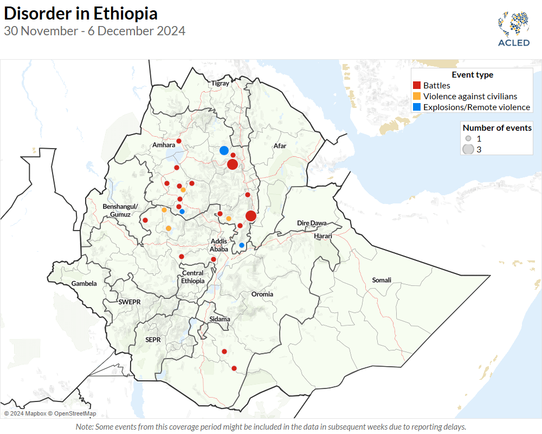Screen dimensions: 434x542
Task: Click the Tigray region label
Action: (221, 84)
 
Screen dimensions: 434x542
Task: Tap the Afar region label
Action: (280, 146)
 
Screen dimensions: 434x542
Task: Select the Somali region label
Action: (381, 280)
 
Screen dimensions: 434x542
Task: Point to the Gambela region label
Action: (84, 284)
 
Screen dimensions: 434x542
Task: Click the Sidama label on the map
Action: (220, 319)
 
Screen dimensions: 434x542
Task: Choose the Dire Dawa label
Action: (312, 224)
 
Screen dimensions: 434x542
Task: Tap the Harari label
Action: (322, 236)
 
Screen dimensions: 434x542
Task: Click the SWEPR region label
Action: (130, 302)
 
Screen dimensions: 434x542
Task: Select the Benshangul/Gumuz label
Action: (121, 210)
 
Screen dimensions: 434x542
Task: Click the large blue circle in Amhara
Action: (224, 150)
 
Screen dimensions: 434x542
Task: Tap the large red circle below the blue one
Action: (233, 164)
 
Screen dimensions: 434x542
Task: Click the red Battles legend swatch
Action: (417, 85)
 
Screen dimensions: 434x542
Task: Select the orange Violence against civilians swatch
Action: (417, 96)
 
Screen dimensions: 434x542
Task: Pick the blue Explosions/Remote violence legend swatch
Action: (417, 107)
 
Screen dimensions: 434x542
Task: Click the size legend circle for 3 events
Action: (468, 149)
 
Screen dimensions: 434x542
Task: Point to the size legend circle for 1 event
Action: (468, 138)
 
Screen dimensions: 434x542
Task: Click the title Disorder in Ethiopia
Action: (81, 14)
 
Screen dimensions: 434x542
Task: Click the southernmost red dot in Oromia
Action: (234, 368)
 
